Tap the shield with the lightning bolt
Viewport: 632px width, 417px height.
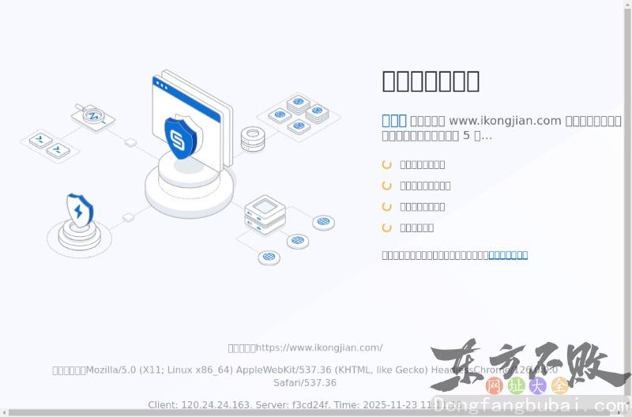tap(79, 211)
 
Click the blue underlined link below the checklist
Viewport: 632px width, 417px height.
tap(508, 255)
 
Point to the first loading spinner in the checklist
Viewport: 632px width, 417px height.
tap(387, 164)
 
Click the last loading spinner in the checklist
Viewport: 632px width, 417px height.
tap(387, 227)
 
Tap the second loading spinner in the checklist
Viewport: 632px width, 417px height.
tap(387, 186)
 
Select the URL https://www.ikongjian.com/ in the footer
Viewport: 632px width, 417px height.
tap(319, 347)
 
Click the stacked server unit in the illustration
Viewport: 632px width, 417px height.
tap(265, 214)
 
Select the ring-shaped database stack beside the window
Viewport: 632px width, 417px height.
tap(253, 139)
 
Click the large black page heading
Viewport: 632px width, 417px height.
tap(431, 81)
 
